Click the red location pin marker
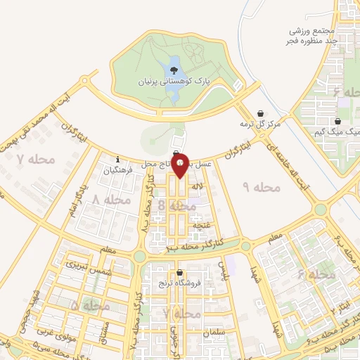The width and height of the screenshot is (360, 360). coord(181,165)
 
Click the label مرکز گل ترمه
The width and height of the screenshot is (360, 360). coord(260,124)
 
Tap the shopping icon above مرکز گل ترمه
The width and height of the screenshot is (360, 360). coord(261,112)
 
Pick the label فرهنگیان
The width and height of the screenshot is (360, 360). coord(117,170)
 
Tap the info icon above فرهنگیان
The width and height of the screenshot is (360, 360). coord(118,159)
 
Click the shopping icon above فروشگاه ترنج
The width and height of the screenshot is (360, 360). coord(181,273)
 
